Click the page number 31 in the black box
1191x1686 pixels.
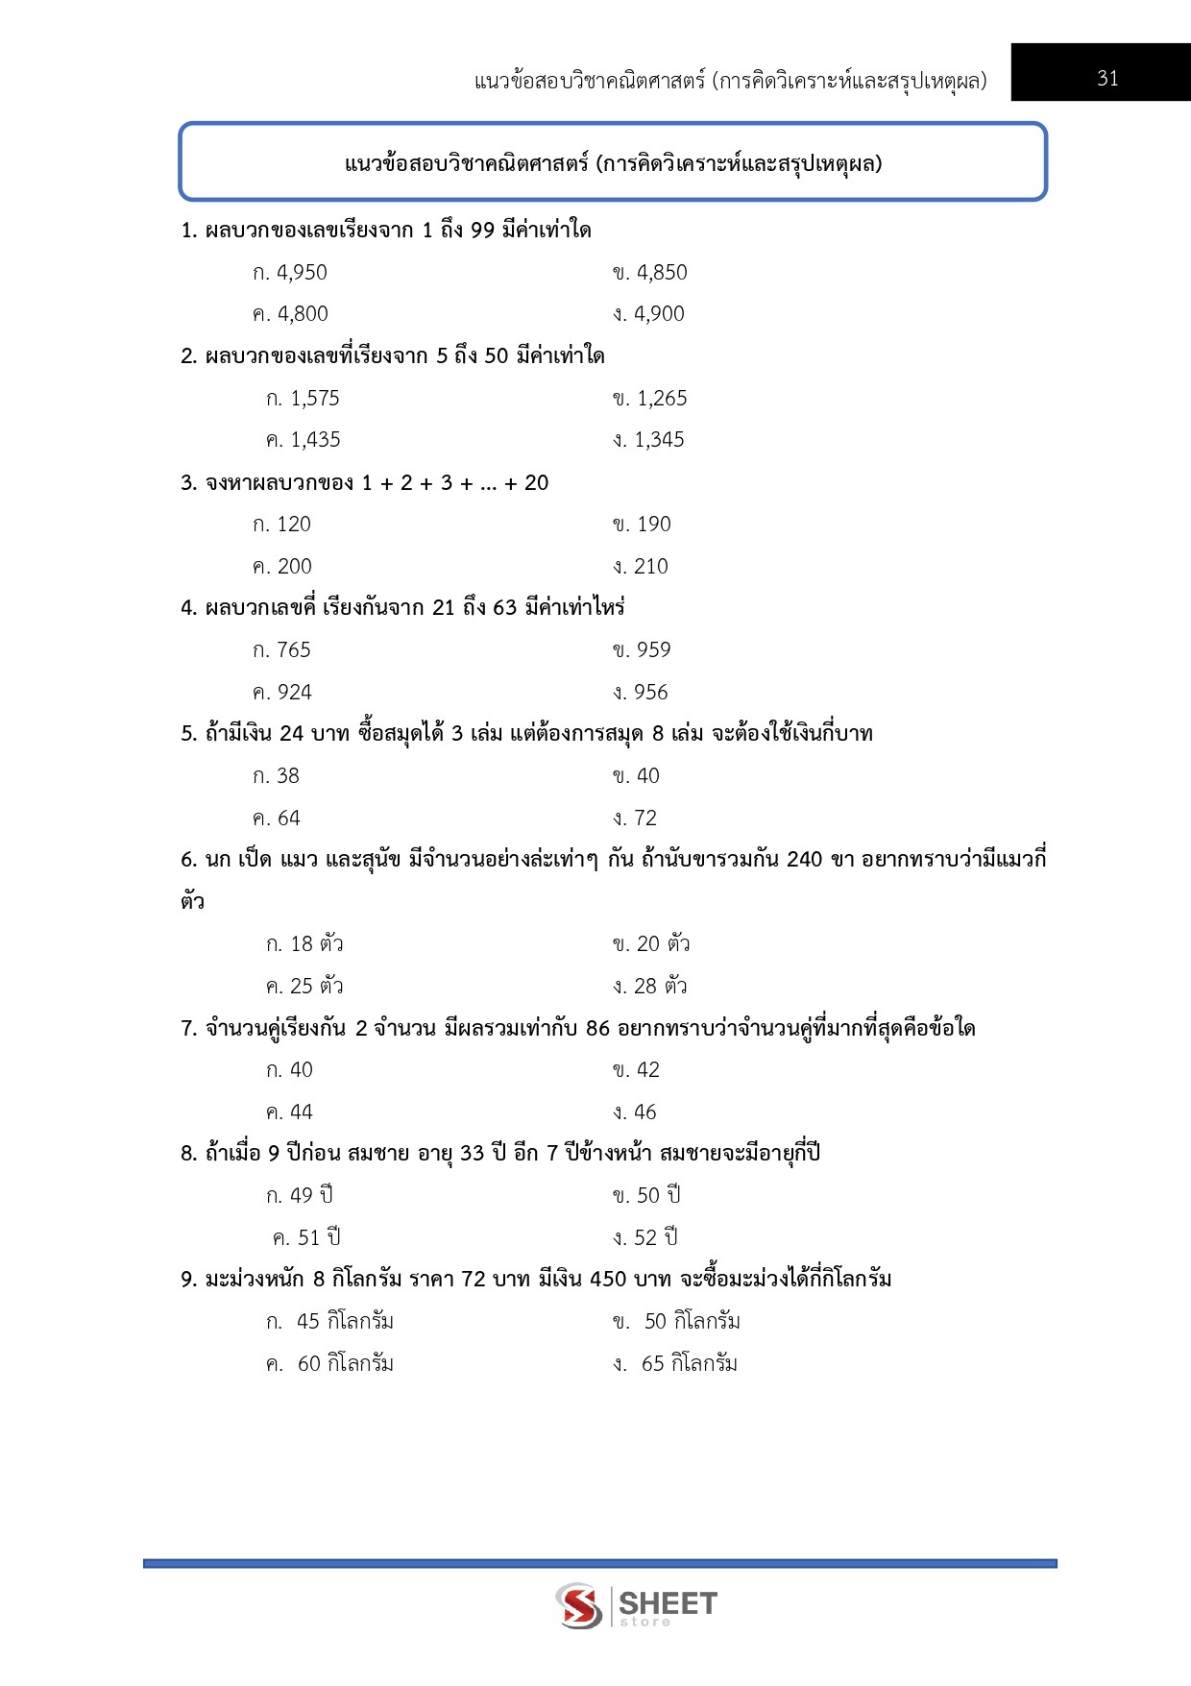1107,79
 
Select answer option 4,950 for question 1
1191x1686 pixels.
290,273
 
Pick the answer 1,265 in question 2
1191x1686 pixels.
650,399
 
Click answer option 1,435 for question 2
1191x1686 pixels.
304,440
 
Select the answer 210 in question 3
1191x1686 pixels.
641,567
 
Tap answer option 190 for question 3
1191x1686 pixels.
642,525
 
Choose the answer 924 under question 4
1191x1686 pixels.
282,693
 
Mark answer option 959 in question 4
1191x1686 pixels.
642,650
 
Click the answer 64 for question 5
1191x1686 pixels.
277,819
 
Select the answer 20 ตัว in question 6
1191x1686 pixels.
651,944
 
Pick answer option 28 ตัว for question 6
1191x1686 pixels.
650,987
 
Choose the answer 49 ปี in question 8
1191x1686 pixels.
300,1196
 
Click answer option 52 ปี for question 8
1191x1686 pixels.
645,1238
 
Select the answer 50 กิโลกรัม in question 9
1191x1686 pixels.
677,1322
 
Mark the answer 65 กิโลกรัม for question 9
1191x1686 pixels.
675,1364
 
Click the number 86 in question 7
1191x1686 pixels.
597,1029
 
